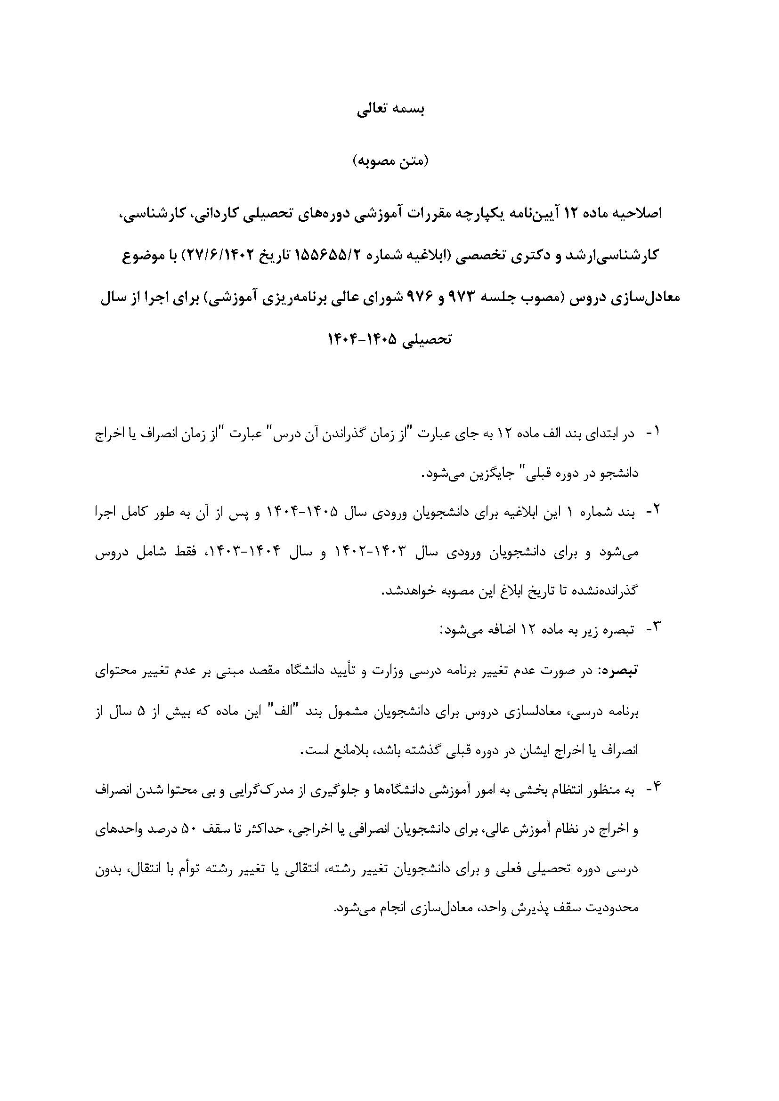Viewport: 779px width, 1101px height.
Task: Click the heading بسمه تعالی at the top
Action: point(389,110)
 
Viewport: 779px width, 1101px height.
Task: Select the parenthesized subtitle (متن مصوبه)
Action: point(389,161)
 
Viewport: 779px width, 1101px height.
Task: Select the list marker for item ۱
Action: point(654,433)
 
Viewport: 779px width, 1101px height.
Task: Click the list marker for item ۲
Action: point(654,513)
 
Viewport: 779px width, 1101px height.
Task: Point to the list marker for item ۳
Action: point(654,629)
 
